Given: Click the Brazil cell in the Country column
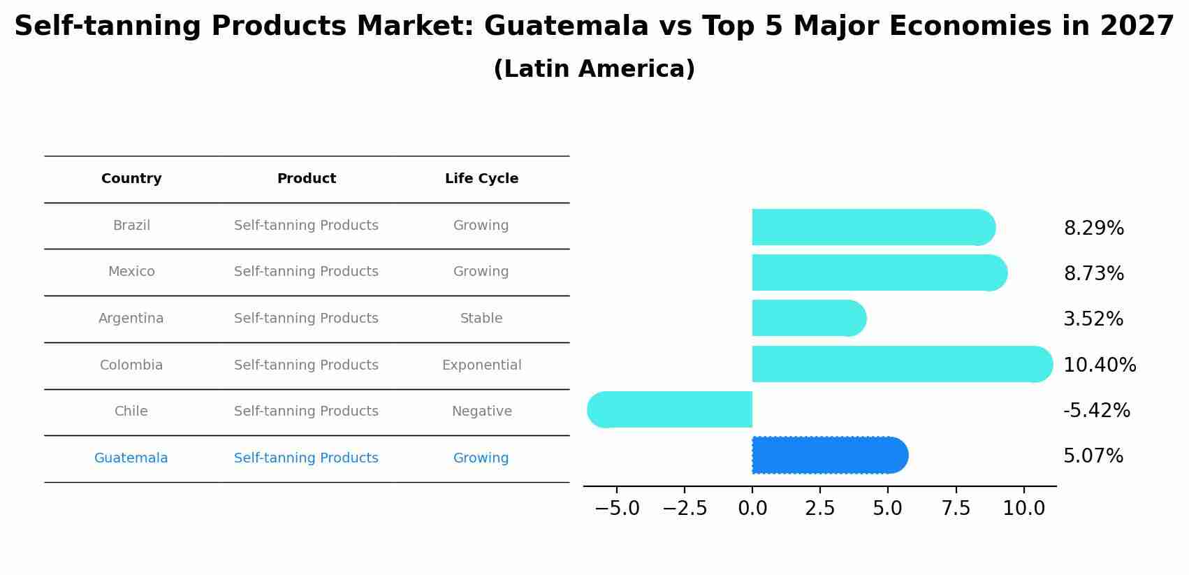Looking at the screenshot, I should [x=131, y=226].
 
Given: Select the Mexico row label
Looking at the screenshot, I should [x=131, y=272].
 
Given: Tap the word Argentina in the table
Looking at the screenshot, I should [x=131, y=319].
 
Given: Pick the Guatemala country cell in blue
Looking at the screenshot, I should [x=131, y=458].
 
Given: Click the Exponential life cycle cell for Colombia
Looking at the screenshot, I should [x=481, y=365].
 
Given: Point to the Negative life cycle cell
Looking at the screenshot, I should [x=481, y=412].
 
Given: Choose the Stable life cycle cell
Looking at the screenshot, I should [x=481, y=319].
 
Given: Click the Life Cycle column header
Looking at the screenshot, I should [x=481, y=179].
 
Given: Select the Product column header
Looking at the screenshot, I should [x=306, y=179].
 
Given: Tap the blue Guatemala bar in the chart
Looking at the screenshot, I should [x=828, y=456].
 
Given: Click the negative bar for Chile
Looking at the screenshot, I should [x=671, y=410].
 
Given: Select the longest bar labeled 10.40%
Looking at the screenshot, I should [x=901, y=364].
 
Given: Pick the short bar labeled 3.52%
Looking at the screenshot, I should [x=807, y=319].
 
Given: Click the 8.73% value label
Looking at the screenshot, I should [x=1093, y=274].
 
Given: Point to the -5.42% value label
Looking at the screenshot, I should [x=1096, y=411].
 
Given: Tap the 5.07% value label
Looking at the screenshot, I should [x=1093, y=456].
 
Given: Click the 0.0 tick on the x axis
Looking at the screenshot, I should [x=752, y=509].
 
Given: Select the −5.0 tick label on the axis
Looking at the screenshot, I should [x=617, y=509].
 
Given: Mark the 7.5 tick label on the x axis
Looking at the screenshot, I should [x=956, y=509].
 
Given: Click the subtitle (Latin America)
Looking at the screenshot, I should [x=594, y=69].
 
